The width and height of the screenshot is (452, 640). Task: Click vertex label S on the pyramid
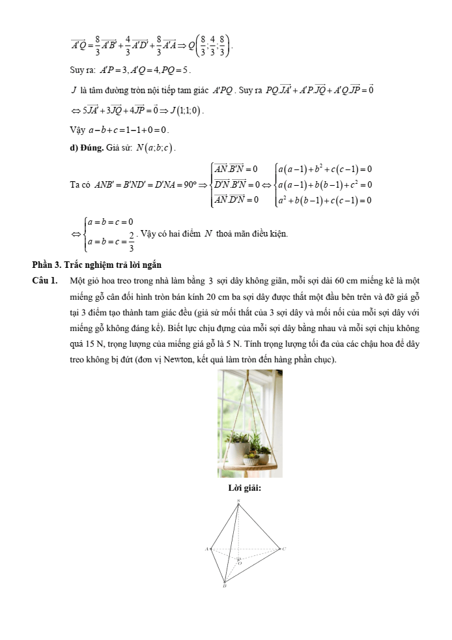coord(238,501)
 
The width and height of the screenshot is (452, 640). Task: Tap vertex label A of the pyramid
coord(206,549)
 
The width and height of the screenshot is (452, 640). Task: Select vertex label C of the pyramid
coord(284,549)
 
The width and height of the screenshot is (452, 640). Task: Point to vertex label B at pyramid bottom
coord(225,587)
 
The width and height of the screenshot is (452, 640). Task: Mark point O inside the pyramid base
coord(238,562)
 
